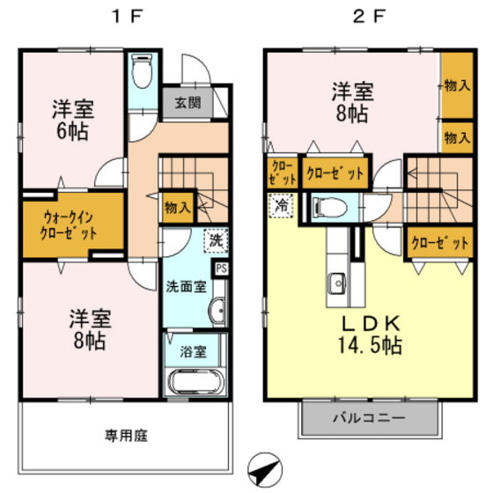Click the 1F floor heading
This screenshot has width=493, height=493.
pos(122,17)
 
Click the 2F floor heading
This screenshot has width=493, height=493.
pos(367,17)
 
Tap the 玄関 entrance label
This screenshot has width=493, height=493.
pos(187,102)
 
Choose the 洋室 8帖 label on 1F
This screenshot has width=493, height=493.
pos(85,328)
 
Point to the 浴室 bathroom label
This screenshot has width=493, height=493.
pos(194,351)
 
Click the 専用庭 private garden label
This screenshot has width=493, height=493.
pos(124,435)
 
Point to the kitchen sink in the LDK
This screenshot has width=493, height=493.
pos(336,283)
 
